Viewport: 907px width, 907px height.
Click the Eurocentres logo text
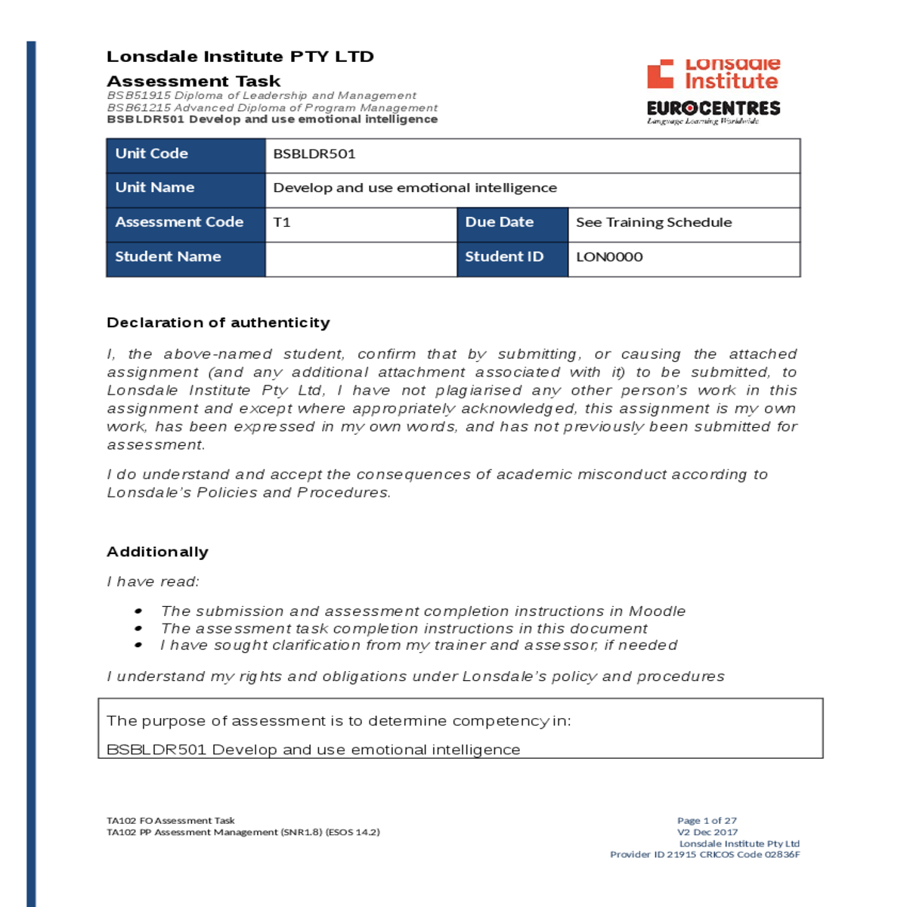713,108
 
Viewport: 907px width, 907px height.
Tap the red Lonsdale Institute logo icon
660,74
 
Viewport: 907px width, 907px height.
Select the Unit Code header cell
185,154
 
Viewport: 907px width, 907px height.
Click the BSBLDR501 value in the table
314,154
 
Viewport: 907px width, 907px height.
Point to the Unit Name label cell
185,188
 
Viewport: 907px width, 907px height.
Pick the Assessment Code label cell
185,222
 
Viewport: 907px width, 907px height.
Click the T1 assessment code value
282,222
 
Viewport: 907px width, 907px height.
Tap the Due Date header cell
512,222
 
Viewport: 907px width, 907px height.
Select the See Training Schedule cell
654,222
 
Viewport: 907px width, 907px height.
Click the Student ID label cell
512,257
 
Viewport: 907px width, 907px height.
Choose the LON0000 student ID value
609,257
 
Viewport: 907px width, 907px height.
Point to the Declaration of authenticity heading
218,323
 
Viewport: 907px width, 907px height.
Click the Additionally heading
157,552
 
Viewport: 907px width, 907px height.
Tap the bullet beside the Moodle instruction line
138,611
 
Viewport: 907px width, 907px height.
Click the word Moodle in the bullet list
657,611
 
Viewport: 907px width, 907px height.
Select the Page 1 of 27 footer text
707,821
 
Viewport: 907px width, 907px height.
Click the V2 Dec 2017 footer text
707,832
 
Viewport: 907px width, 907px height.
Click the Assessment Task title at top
193,81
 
